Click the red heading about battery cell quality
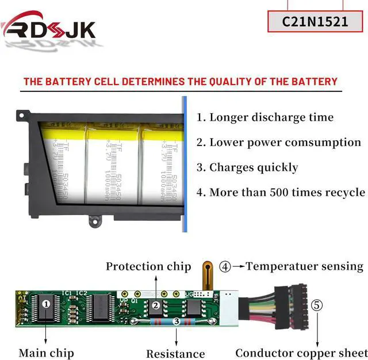tap(180, 82)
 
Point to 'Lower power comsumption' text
tap(279, 143)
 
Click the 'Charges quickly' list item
tap(247, 167)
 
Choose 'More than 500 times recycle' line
tap(281, 192)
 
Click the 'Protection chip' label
tap(148, 266)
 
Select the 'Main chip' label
tap(46, 353)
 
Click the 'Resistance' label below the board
tap(175, 354)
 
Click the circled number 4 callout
tap(225, 267)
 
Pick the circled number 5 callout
tap(317, 305)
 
